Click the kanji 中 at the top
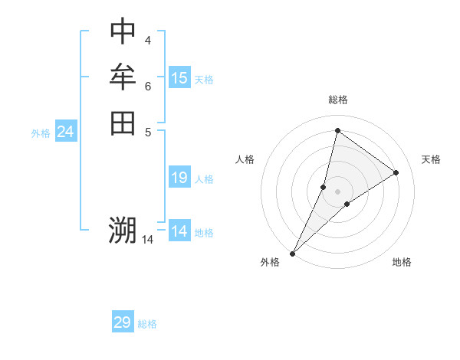[123, 31]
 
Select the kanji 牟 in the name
[123, 77]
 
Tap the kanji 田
[123, 123]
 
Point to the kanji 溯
[123, 230]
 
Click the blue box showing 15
[179, 78]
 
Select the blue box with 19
[179, 178]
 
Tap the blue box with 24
[66, 132]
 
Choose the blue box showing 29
[123, 322]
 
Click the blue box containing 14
[179, 231]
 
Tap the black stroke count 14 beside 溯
[147, 240]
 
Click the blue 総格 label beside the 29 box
[147, 324]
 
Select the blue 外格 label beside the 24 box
[41, 133]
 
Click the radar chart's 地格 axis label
[402, 262]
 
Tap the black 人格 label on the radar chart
[245, 159]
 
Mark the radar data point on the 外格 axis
[293, 254]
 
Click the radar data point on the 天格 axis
[396, 172]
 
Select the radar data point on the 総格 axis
[337, 131]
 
